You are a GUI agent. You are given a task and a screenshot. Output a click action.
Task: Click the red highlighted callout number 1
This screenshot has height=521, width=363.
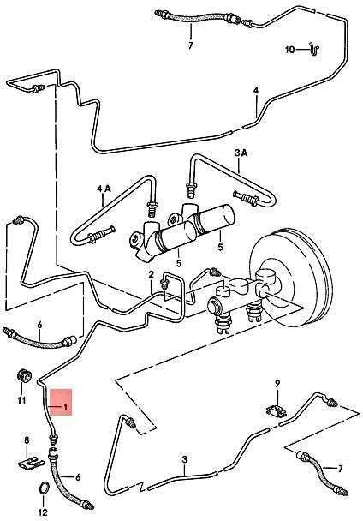[x=65, y=407]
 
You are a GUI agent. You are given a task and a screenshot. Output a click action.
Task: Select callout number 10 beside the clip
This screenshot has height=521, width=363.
[x=289, y=50]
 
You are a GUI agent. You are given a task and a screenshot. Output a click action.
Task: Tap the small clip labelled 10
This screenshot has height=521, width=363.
[x=314, y=49]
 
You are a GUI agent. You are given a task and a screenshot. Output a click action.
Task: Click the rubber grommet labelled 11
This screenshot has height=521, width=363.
[x=24, y=375]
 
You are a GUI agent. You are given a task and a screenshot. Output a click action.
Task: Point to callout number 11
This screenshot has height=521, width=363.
[x=21, y=400]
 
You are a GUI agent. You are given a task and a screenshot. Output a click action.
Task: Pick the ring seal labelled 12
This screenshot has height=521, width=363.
[x=45, y=488]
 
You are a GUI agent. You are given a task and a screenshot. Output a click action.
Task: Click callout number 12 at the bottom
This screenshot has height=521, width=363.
[x=43, y=512]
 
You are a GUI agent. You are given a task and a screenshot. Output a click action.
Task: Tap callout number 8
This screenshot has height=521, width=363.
[x=27, y=440]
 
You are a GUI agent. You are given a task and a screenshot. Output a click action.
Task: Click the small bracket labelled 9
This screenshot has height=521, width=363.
[x=277, y=411]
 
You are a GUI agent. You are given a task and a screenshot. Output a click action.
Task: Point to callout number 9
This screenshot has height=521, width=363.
[x=277, y=383]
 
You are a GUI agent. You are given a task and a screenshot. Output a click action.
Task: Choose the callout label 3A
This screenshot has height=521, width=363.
[x=241, y=153]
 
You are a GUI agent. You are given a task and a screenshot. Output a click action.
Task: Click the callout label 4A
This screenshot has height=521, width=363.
[x=104, y=189]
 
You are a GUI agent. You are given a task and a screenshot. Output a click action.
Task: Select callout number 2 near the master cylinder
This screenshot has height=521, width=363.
[x=152, y=274]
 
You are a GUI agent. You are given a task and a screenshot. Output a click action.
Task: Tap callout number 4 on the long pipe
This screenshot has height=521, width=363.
[x=256, y=90]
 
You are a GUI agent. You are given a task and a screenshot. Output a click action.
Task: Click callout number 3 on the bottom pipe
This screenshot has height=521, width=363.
[x=185, y=459]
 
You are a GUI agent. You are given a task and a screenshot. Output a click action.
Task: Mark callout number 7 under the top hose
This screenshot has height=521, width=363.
[x=190, y=45]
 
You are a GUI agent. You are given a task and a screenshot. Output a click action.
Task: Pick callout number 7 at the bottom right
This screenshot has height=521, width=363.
[x=340, y=469]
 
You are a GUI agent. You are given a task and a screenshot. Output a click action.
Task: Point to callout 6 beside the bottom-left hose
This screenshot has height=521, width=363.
[x=78, y=477]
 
